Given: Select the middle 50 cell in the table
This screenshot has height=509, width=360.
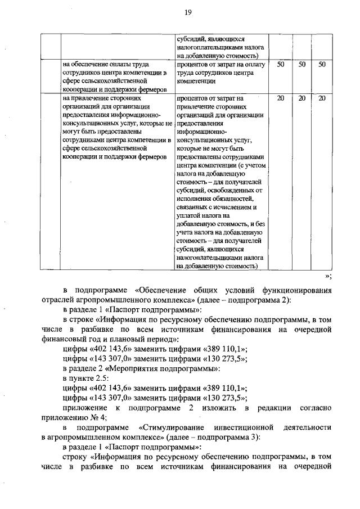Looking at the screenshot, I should [301, 65].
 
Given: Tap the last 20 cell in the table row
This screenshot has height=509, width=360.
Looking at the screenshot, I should [322, 98].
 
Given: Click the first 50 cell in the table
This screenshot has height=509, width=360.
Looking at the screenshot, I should [281, 65].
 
